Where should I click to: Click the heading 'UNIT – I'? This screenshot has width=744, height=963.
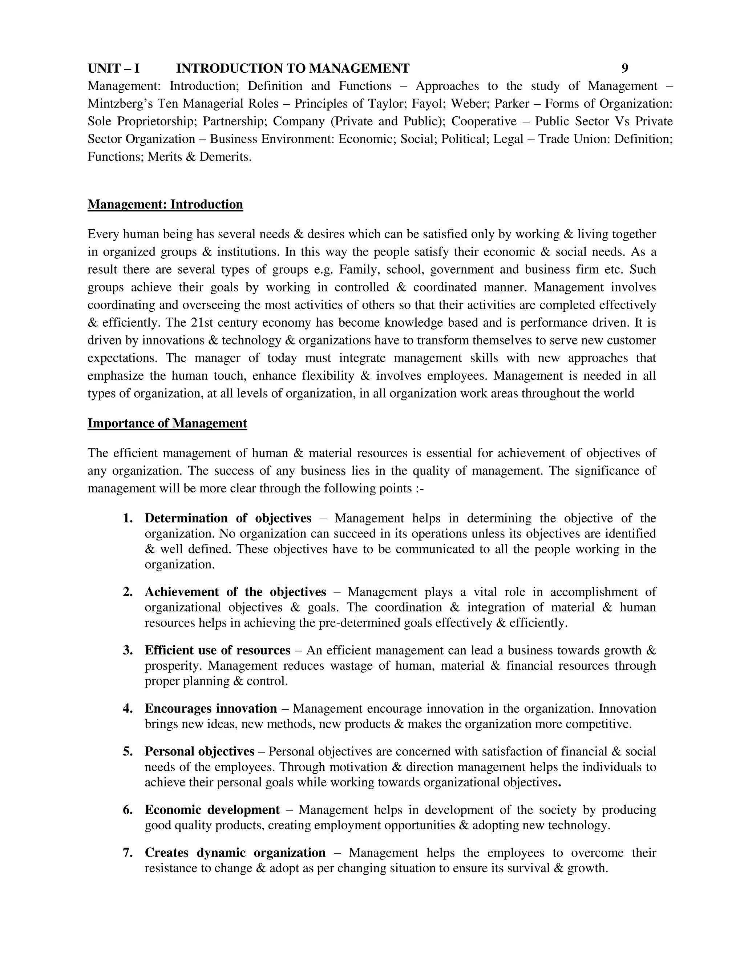tap(113, 68)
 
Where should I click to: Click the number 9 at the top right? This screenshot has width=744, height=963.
tap(624, 68)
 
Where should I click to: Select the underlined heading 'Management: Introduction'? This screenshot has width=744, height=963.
tap(165, 205)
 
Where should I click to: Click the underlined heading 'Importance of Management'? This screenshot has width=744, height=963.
tap(167, 423)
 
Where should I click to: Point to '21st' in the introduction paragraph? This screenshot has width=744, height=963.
tap(202, 323)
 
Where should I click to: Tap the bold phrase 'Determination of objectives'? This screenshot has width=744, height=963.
tap(228, 518)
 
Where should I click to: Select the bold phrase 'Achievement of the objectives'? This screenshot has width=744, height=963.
tap(235, 592)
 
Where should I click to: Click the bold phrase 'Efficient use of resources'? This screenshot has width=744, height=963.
tap(217, 650)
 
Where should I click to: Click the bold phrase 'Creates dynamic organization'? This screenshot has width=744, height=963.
tap(235, 853)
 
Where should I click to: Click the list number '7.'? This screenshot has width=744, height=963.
tap(128, 853)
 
